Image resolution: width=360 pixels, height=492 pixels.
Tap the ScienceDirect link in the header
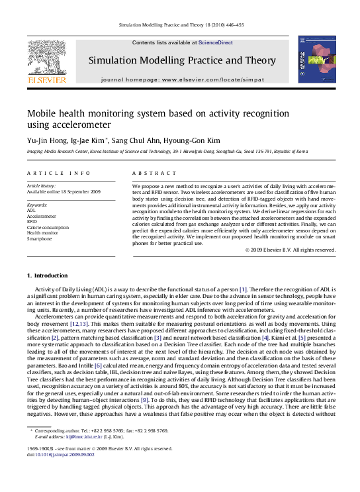tap(216, 42)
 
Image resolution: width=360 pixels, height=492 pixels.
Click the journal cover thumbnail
tap(316, 60)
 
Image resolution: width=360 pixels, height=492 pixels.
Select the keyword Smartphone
tap(40, 238)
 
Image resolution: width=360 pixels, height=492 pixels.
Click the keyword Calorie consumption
tap(48, 227)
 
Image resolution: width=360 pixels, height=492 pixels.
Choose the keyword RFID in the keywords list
tap(32, 222)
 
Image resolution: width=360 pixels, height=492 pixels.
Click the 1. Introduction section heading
tap(47, 275)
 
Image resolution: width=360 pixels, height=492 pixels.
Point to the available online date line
tap(64, 191)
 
